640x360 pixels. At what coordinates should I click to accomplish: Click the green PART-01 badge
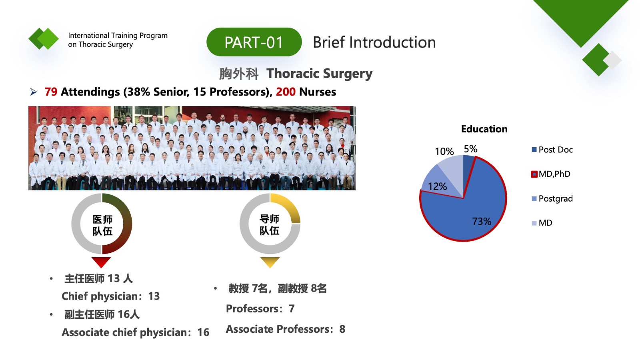pyautogui.click(x=254, y=42)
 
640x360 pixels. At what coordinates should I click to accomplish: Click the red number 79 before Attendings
pyautogui.click(x=51, y=92)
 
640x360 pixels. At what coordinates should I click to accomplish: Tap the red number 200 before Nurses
pyautogui.click(x=286, y=92)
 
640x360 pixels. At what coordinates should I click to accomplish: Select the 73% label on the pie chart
pyautogui.click(x=482, y=221)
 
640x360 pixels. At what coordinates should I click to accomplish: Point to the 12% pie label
pyautogui.click(x=438, y=186)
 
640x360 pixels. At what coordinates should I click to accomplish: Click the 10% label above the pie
pyautogui.click(x=444, y=152)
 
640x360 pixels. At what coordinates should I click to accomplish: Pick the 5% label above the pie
pyautogui.click(x=470, y=149)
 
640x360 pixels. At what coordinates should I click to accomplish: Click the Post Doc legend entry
pyautogui.click(x=552, y=150)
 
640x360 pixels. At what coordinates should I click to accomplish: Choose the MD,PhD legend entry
pyautogui.click(x=551, y=174)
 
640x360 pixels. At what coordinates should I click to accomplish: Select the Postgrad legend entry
pyautogui.click(x=552, y=198)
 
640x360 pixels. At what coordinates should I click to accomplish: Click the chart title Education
pyautogui.click(x=484, y=129)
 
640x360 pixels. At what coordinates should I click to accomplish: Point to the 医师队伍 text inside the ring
pyautogui.click(x=102, y=226)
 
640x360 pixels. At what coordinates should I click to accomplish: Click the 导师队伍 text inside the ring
pyautogui.click(x=270, y=225)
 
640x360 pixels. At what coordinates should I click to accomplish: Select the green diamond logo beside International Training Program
pyautogui.click(x=44, y=38)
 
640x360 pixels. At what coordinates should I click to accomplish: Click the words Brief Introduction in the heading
pyautogui.click(x=374, y=42)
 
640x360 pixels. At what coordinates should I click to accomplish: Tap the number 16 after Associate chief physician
pyautogui.click(x=204, y=332)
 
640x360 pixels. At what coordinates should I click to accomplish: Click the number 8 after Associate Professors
pyautogui.click(x=342, y=329)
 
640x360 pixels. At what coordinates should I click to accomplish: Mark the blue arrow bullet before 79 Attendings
pyautogui.click(x=34, y=92)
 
